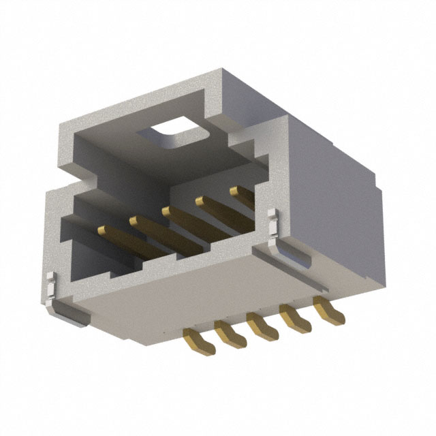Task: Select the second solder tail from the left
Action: tap(228, 333)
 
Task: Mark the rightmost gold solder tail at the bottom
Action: tap(326, 307)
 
